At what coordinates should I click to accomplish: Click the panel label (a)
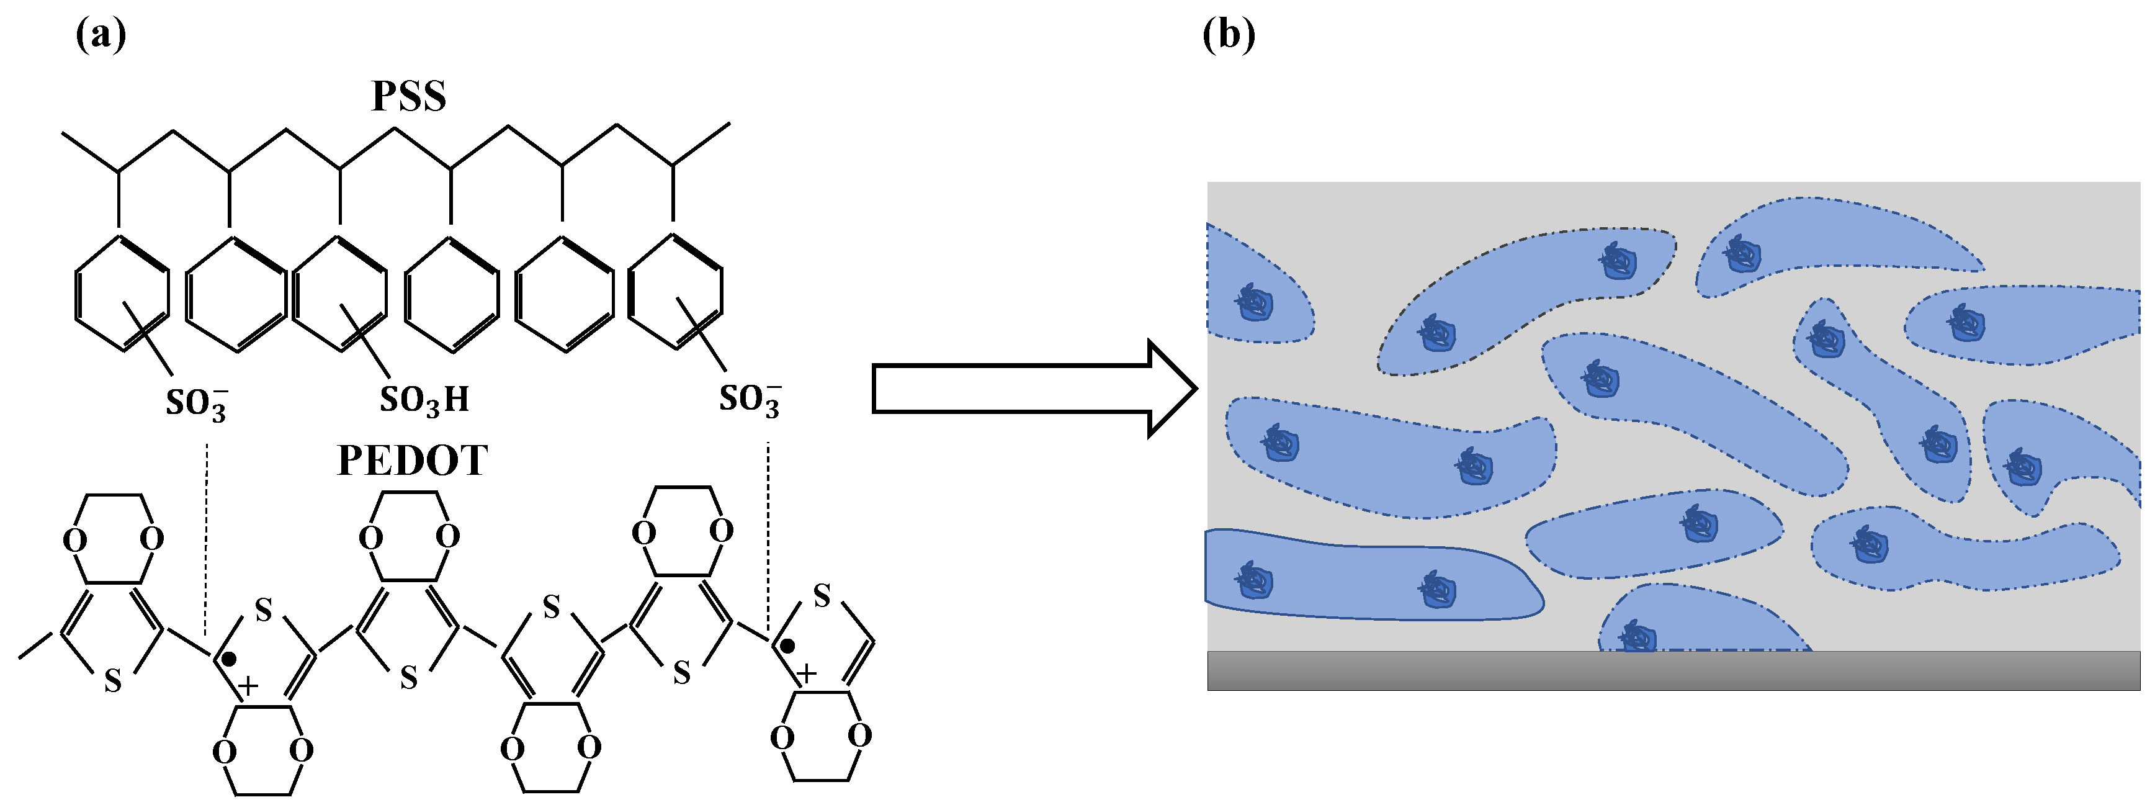click(x=101, y=35)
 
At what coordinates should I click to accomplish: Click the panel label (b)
click(x=1228, y=35)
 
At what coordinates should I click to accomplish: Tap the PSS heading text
click(x=408, y=96)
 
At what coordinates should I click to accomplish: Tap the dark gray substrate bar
click(x=1673, y=670)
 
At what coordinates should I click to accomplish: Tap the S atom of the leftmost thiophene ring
click(x=113, y=682)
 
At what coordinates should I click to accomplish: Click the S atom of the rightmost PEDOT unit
click(x=822, y=596)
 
